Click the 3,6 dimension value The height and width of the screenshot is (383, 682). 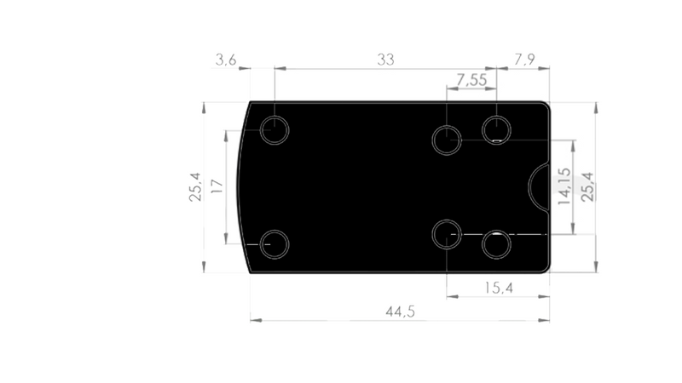225,60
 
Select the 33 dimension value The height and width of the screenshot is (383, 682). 385,60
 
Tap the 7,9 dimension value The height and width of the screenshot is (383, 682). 526,60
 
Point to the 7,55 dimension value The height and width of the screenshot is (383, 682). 471,80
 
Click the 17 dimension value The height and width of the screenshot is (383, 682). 216,186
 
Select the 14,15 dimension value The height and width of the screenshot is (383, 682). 564,186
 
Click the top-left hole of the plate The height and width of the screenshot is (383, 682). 275,130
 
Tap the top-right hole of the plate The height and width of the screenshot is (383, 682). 496,129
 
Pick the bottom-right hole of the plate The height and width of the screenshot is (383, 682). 496,244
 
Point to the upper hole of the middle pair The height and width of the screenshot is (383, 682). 447,139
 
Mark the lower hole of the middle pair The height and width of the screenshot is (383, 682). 447,233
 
